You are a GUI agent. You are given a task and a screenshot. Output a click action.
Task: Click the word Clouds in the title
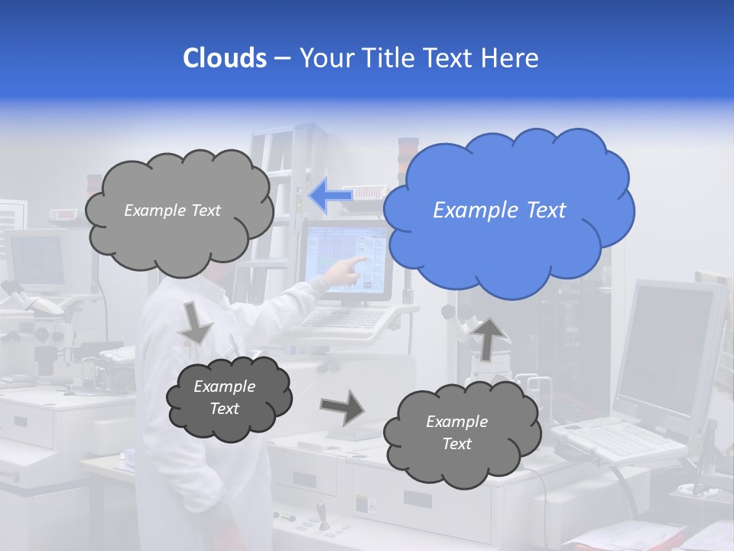[x=225, y=58]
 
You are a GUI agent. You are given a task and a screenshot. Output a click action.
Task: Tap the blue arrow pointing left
[x=330, y=197]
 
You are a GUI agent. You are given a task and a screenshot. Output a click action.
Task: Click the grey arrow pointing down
[x=195, y=322]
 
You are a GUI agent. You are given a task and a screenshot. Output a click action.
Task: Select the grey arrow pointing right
[x=342, y=406]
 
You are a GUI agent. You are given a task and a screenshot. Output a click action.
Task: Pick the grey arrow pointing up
[x=489, y=337]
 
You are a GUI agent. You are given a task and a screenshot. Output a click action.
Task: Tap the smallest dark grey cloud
[x=228, y=398]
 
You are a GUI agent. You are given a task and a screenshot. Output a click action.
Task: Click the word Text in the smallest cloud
[x=224, y=409]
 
